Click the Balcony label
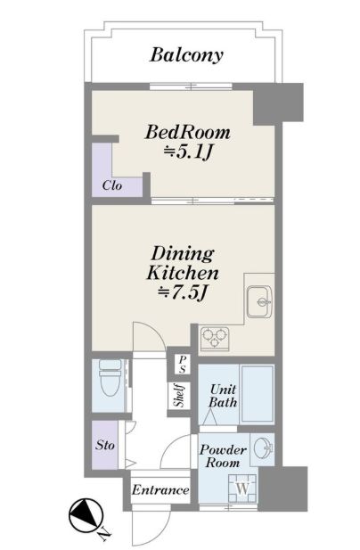pos(186,55)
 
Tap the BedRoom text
pos(188,133)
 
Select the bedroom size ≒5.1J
pos(188,152)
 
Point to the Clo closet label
pos(112,185)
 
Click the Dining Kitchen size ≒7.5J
pos(183,292)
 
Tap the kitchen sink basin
pos(259,301)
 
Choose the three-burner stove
pos(215,340)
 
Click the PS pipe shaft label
pos(183,365)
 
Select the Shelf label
pos(180,396)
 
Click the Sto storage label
pos(105,446)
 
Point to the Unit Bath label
pos(223,396)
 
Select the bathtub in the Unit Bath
pos(258,394)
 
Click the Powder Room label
pos(223,456)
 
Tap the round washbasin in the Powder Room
pos(263,447)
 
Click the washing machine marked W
pos(243,488)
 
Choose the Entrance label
pos(160,490)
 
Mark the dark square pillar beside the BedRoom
pos(278,103)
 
